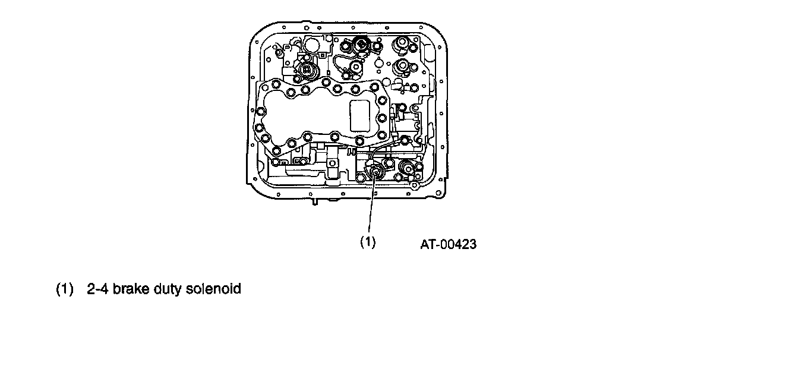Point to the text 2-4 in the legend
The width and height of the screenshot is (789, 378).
coord(97,289)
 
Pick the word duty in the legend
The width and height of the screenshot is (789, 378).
coord(166,289)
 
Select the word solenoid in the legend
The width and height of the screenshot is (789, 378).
coord(213,289)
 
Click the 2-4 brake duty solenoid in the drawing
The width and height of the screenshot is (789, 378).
coord(375,174)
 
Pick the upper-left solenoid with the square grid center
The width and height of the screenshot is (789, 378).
coord(307,70)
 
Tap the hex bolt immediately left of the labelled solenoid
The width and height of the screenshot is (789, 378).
coord(361,177)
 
